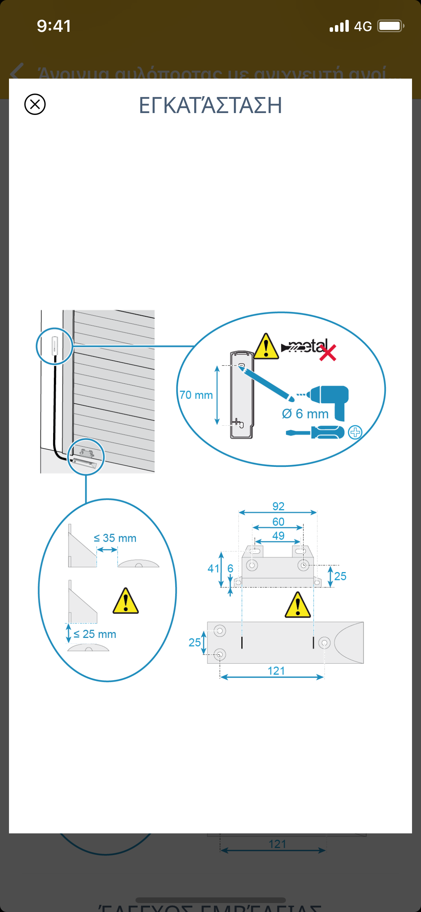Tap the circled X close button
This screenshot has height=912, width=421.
tap(35, 104)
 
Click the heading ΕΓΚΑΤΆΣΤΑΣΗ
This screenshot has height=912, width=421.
tap(210, 105)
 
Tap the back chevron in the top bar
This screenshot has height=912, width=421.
tap(17, 71)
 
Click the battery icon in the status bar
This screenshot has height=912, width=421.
tap(390, 26)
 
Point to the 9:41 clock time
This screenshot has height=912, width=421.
tap(54, 26)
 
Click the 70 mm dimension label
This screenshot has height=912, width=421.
tap(196, 395)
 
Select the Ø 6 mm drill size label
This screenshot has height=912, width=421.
tap(305, 414)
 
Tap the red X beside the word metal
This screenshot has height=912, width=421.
tap(328, 353)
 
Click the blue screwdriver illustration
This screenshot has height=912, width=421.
tap(315, 432)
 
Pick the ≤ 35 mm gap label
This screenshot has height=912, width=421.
tap(115, 538)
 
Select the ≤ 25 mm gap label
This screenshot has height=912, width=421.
tap(95, 634)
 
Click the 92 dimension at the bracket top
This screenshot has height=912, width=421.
tap(278, 506)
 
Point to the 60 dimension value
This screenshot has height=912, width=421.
tap(278, 522)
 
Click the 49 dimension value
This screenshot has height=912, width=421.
tap(278, 536)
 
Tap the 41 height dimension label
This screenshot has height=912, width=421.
tap(213, 569)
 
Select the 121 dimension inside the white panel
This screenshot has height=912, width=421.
tap(276, 671)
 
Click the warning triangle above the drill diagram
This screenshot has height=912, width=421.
tap(266, 346)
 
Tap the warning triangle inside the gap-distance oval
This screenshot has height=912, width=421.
tap(126, 601)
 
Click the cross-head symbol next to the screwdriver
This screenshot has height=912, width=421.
tap(355, 432)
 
